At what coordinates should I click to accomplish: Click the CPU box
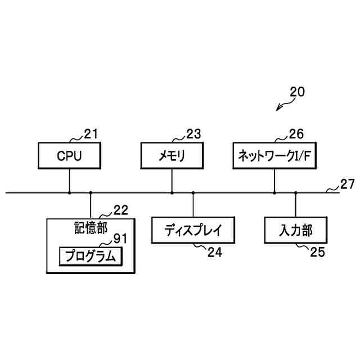pyautogui.click(x=69, y=155)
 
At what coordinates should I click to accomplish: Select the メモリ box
pyautogui.click(x=172, y=155)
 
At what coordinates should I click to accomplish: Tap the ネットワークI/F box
pyautogui.click(x=274, y=155)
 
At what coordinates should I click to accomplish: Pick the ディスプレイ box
pyautogui.click(x=193, y=230)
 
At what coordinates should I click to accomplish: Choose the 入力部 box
pyautogui.click(x=295, y=230)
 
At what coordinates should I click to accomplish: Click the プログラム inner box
pyautogui.click(x=90, y=256)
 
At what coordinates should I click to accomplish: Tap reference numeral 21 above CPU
pyautogui.click(x=91, y=134)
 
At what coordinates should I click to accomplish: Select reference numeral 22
pyautogui.click(x=120, y=210)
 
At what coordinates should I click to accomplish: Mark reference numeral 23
pyautogui.click(x=193, y=134)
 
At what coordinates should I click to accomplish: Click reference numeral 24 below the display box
pyautogui.click(x=215, y=253)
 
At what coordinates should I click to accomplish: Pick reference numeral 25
pyautogui.click(x=317, y=253)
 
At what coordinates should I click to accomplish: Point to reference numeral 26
pyautogui.click(x=296, y=134)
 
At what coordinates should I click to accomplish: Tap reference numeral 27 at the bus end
pyautogui.click(x=348, y=183)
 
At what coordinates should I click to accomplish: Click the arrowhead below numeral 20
pyautogui.click(x=278, y=109)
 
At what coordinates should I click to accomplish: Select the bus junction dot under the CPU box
pyautogui.click(x=69, y=193)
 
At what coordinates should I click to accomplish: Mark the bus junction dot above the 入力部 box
pyautogui.click(x=295, y=193)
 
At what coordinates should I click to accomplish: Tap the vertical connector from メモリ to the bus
pyautogui.click(x=172, y=180)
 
